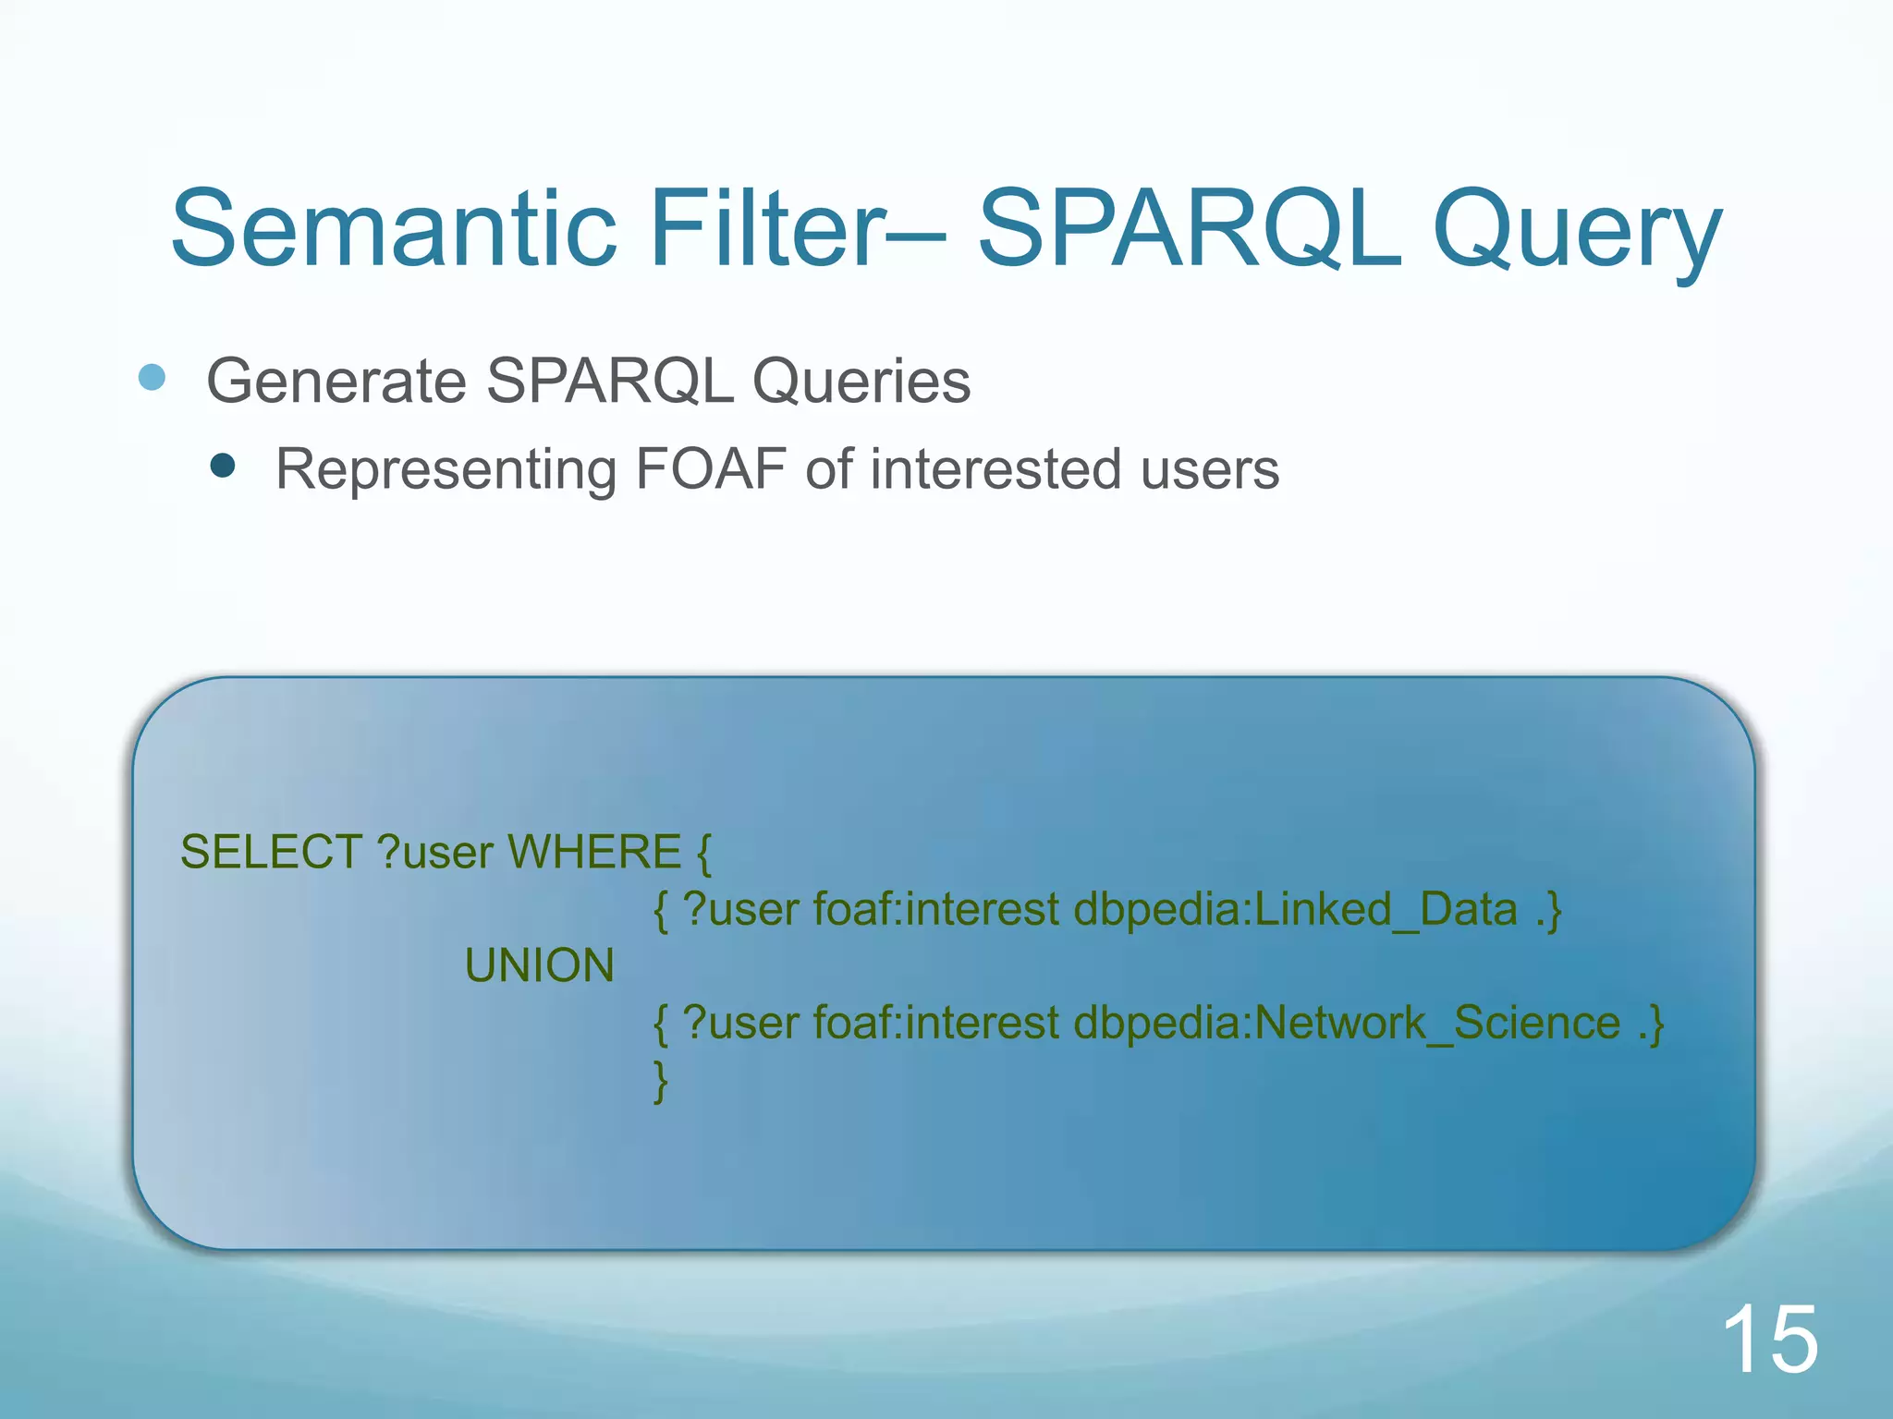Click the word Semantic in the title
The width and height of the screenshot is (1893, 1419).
pos(394,228)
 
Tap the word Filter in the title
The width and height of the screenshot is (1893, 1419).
pos(767,228)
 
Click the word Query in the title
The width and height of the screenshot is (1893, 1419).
pos(1576,233)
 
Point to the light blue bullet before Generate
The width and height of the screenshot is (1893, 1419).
pos(153,377)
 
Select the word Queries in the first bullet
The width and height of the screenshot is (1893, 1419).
pos(861,381)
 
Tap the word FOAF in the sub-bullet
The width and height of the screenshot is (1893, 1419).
pos(711,468)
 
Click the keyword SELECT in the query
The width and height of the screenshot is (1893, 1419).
pos(271,852)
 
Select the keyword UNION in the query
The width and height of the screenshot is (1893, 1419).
pos(539,965)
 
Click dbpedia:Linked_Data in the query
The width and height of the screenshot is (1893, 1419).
pos(1295,909)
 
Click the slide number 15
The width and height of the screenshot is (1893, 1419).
pos(1769,1339)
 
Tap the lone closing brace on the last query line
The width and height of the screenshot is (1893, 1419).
pos(660,1081)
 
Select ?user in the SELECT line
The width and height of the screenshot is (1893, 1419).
pos(435,852)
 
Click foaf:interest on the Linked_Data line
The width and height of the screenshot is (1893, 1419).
pos(935,909)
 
